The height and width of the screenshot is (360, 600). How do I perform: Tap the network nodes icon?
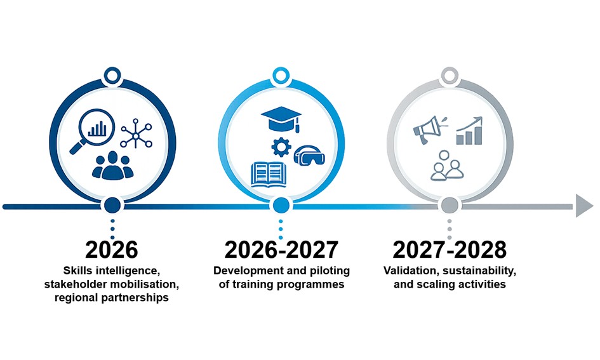[x=137, y=133]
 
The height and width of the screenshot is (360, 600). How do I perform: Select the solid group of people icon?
[x=112, y=165]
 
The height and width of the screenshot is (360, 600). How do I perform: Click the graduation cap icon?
[x=281, y=119]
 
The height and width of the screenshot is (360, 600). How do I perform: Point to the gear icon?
[x=281, y=147]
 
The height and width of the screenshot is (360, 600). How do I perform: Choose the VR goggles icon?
[x=309, y=156]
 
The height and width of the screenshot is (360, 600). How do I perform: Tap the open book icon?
[x=269, y=175]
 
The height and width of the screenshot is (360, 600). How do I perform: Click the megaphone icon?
[x=430, y=130]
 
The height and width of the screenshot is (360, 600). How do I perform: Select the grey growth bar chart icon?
[x=469, y=131]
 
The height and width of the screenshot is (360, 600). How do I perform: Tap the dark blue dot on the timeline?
[x=112, y=206]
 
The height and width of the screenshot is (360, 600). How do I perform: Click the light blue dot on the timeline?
[x=281, y=206]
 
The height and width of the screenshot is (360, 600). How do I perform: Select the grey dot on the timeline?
[x=450, y=206]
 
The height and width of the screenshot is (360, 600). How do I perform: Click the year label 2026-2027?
[x=281, y=250]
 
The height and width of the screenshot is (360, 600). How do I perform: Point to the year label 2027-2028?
[x=450, y=250]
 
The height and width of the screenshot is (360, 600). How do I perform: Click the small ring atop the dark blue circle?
[x=112, y=76]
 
